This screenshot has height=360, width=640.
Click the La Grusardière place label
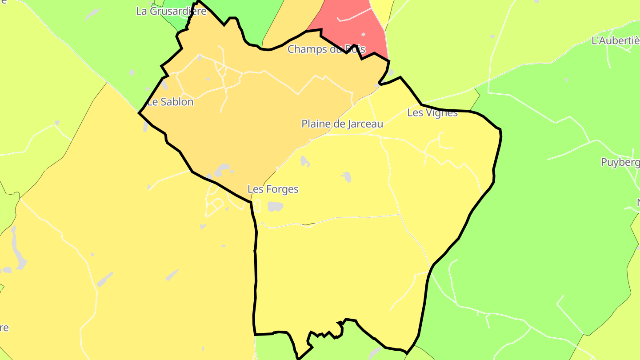click(171, 11)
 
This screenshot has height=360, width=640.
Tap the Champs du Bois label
click(326, 49)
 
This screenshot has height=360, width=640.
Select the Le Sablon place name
click(171, 102)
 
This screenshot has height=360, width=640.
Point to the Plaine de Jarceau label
click(342, 124)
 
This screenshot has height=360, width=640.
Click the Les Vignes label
click(432, 113)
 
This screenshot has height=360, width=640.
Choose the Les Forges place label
click(273, 189)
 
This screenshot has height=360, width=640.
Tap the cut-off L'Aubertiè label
click(616, 40)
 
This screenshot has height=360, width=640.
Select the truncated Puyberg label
click(620, 162)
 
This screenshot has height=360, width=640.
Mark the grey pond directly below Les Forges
click(276, 206)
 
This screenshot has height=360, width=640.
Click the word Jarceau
click(360, 124)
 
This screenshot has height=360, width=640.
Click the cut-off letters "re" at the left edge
click(4, 328)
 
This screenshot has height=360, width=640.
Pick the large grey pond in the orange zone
click(221, 170)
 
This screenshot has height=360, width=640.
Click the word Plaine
click(315, 124)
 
